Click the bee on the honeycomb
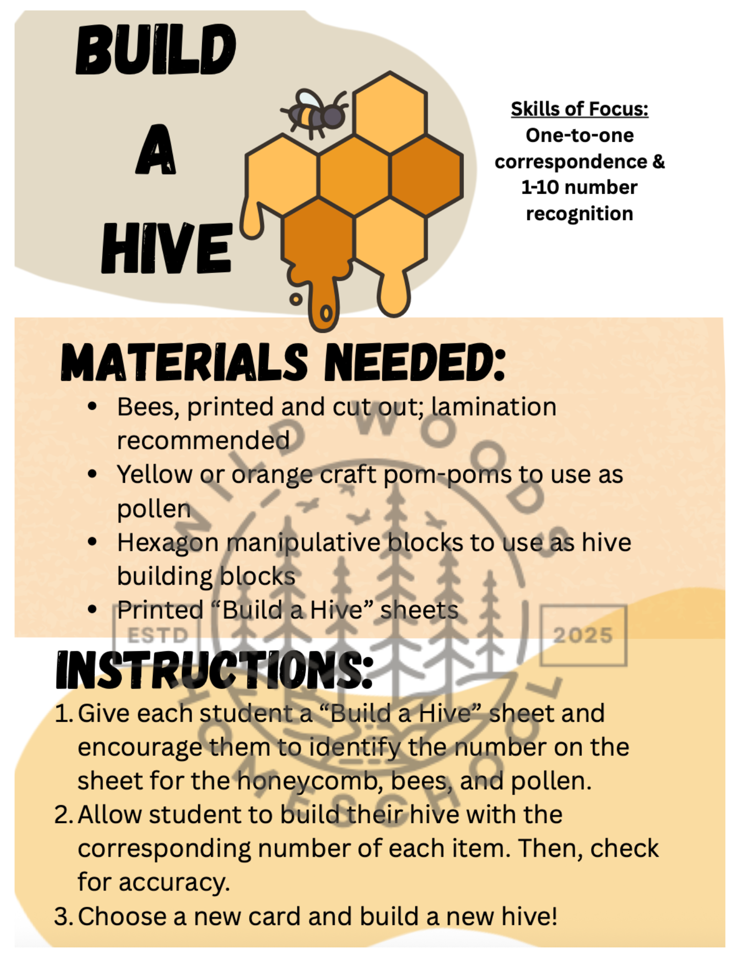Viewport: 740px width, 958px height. (314, 113)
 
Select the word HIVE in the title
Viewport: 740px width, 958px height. (167, 248)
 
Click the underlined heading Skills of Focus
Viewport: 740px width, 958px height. (580, 109)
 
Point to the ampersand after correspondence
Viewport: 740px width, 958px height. (659, 161)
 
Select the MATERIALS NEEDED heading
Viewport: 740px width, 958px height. (283, 363)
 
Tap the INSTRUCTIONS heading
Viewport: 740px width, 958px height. (215, 670)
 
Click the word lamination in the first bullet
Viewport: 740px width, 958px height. (494, 407)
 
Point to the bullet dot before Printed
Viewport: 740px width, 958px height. (92, 610)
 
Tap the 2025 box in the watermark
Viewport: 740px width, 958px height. (583, 635)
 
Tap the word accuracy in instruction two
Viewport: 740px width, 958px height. (174, 883)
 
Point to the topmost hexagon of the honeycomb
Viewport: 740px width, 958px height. (390, 113)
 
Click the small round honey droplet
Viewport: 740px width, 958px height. (296, 300)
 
